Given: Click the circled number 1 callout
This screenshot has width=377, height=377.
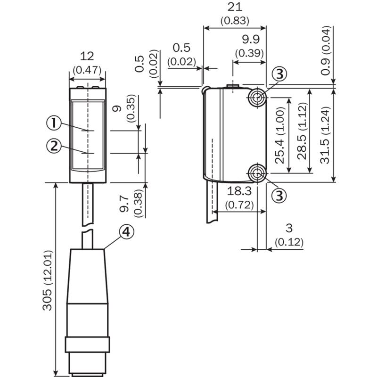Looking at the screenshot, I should (54, 124).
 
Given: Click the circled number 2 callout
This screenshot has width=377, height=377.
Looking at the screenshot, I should (54, 146).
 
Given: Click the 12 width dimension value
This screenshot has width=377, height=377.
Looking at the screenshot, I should (87, 56).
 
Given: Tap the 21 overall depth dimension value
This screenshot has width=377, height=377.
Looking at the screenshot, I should (234, 8).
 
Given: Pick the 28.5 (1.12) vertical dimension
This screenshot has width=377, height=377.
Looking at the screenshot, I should (302, 132).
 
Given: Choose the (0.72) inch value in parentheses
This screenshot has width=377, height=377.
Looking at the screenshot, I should (239, 205).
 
